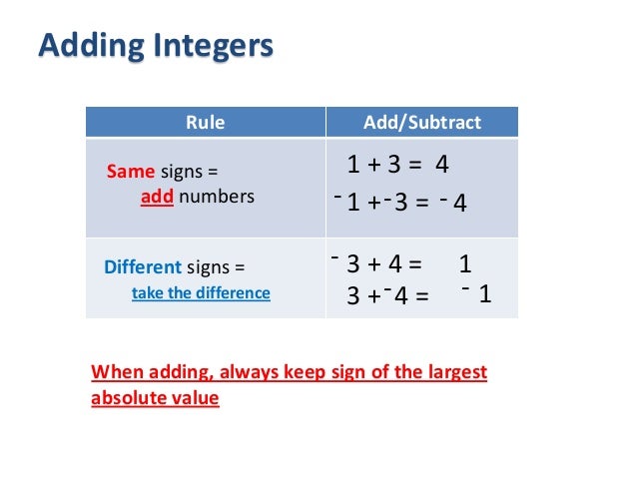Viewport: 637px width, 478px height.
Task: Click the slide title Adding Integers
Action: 154,47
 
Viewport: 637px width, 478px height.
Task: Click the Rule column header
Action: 206,124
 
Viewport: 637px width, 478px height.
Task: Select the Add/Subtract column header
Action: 421,124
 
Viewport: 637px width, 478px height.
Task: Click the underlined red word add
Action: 158,197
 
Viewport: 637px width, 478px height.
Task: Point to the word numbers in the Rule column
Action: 217,197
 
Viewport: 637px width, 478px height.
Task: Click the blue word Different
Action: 143,267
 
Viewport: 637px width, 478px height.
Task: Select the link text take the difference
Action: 201,293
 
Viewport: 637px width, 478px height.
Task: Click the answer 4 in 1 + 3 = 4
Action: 442,165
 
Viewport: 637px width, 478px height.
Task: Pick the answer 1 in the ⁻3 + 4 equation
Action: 465,265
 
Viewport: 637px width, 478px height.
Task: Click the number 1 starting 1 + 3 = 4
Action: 352,165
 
